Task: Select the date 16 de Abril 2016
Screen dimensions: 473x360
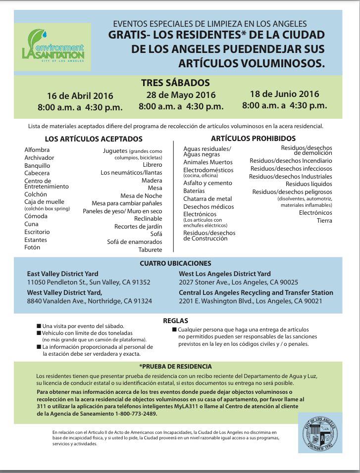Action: [x=80, y=95]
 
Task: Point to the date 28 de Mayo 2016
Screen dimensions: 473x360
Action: [x=181, y=95]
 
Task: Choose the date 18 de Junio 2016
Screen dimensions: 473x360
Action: [x=284, y=94]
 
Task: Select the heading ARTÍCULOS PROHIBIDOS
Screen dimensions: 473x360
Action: [x=253, y=139]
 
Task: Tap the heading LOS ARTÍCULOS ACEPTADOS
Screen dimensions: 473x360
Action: [x=94, y=139]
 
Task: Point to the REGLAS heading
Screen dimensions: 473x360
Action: [x=175, y=321]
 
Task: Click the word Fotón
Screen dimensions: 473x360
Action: [x=33, y=247]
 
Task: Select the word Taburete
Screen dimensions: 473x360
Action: [x=151, y=250]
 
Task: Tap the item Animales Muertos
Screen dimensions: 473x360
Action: [x=207, y=162]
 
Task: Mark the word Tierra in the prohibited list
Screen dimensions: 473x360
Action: [x=324, y=220]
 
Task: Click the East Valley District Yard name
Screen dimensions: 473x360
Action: [x=62, y=274]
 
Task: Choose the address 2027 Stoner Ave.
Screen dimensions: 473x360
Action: [x=204, y=282]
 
